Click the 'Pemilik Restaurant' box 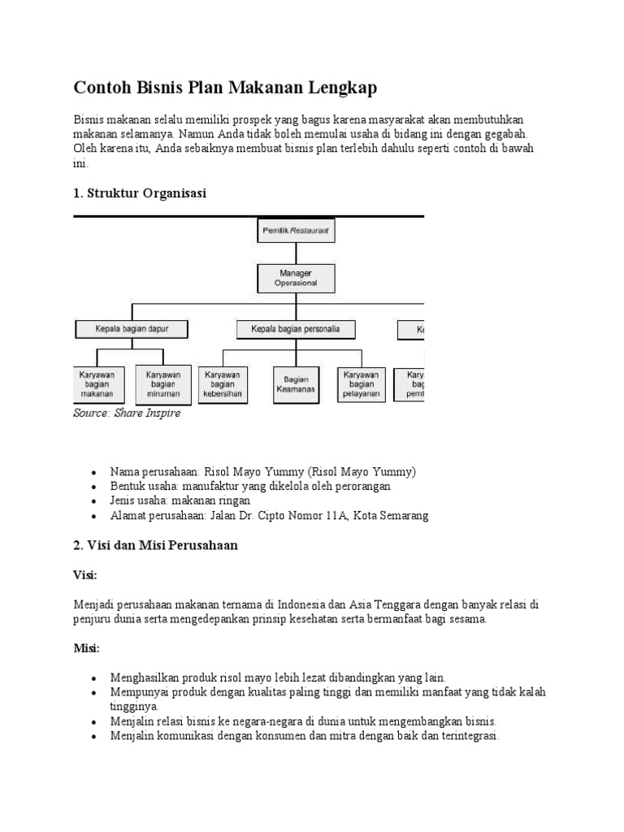[x=295, y=231]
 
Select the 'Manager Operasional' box [x=295, y=278]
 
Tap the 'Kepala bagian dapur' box [x=132, y=329]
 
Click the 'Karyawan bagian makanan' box [x=97, y=384]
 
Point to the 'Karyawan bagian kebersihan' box [x=224, y=384]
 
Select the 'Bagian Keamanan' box [x=294, y=384]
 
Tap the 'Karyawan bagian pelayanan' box [x=362, y=384]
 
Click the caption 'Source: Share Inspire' [x=127, y=414]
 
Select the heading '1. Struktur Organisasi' [x=140, y=193]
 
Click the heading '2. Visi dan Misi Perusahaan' [x=155, y=545]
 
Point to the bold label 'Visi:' [x=85, y=574]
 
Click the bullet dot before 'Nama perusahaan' [x=94, y=472]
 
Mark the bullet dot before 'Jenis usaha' [x=94, y=501]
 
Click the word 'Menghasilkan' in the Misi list [x=147, y=677]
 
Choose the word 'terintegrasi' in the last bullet [x=463, y=736]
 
